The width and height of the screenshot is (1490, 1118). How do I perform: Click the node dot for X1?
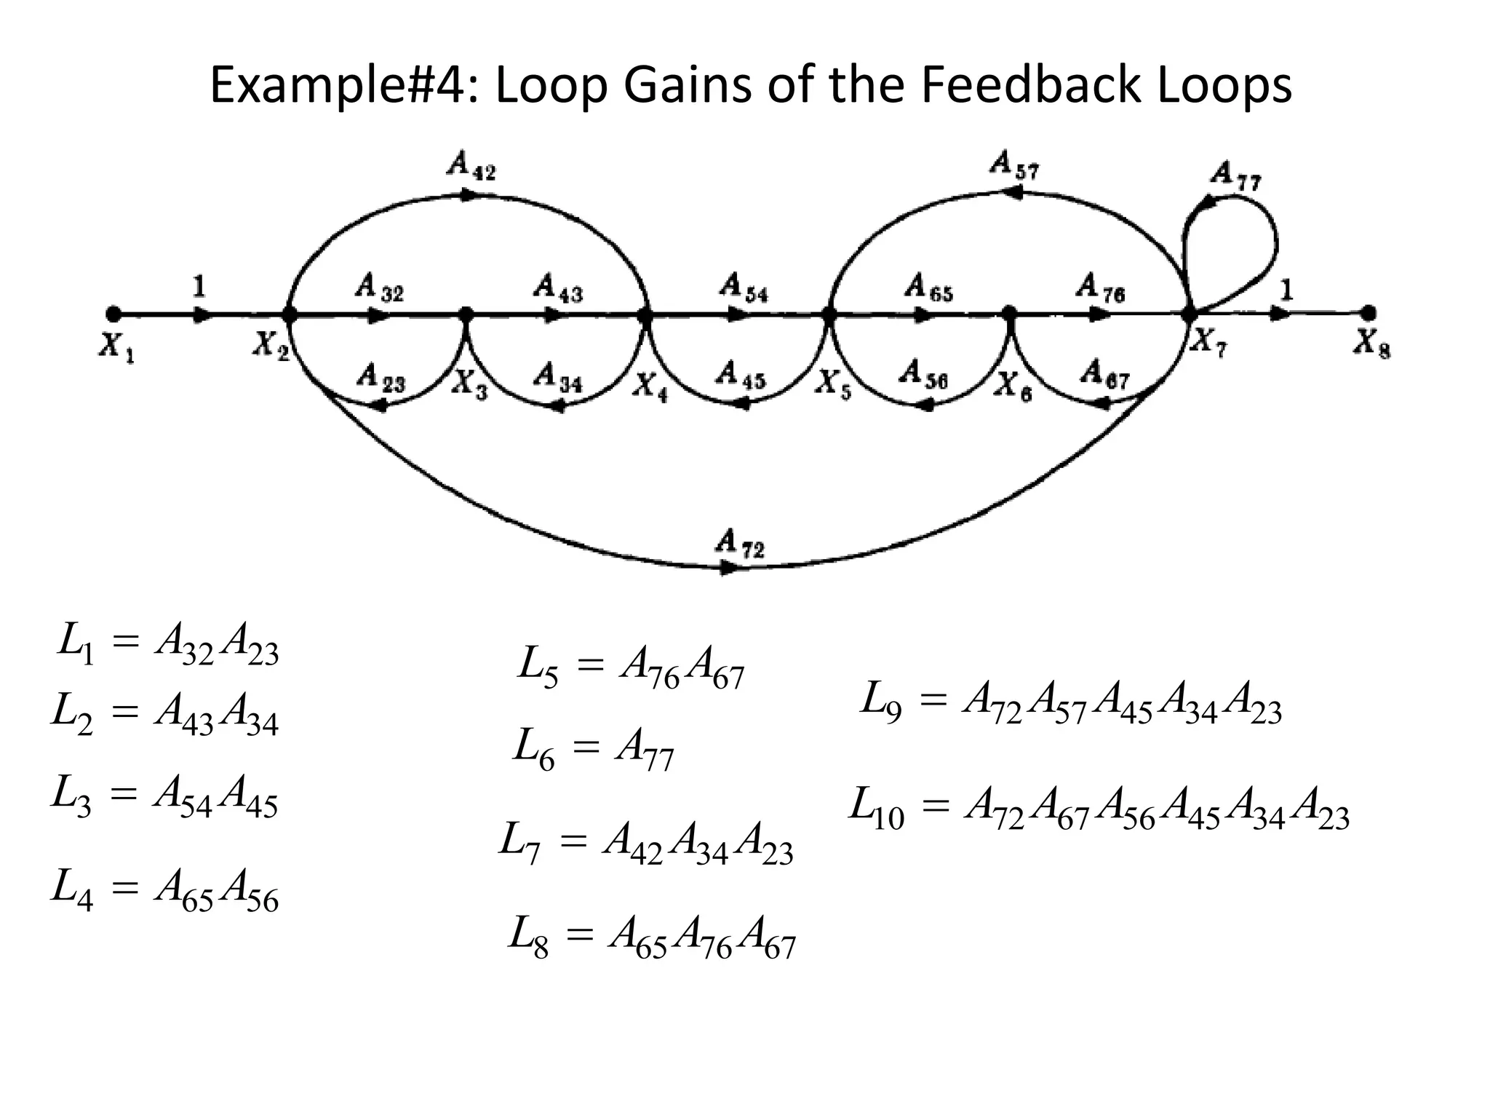tap(113, 314)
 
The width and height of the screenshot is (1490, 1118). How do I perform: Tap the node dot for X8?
tap(1369, 313)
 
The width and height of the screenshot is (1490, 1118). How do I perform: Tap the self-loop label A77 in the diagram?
tap(1235, 175)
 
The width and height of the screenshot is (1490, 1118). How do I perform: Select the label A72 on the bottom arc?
tap(740, 542)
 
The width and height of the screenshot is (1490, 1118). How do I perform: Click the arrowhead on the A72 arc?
tap(728, 568)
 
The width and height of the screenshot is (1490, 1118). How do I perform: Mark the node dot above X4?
tap(645, 316)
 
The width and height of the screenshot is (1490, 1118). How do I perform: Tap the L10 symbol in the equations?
tap(877, 807)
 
